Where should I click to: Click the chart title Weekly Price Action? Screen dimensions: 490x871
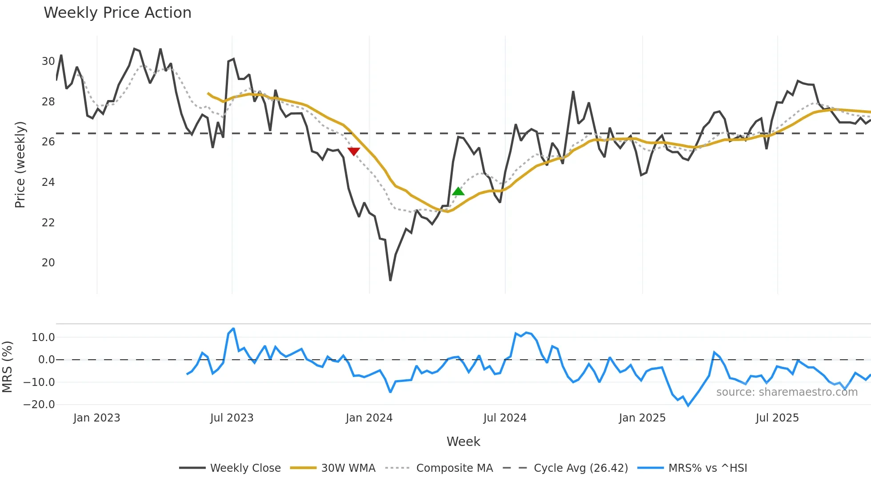(x=117, y=13)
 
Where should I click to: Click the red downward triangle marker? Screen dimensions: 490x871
(x=354, y=151)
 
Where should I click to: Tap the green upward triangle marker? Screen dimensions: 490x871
(x=458, y=192)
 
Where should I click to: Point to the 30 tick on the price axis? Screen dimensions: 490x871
(x=48, y=61)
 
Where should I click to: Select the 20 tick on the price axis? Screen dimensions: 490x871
(x=48, y=263)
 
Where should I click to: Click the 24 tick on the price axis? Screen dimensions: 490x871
(x=48, y=182)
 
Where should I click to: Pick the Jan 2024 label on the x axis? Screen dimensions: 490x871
(x=369, y=418)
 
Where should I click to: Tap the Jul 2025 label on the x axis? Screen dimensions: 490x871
(x=777, y=418)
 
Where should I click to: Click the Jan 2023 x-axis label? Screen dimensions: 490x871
(x=96, y=418)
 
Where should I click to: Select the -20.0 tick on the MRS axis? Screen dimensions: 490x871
(x=39, y=405)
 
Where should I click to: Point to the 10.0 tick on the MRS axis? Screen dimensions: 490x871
(x=43, y=337)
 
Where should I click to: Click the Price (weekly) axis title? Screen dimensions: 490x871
(x=20, y=165)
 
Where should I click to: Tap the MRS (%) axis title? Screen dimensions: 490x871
(x=7, y=367)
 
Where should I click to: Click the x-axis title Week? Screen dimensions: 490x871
(x=463, y=442)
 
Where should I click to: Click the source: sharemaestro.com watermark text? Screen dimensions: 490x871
(x=787, y=392)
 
